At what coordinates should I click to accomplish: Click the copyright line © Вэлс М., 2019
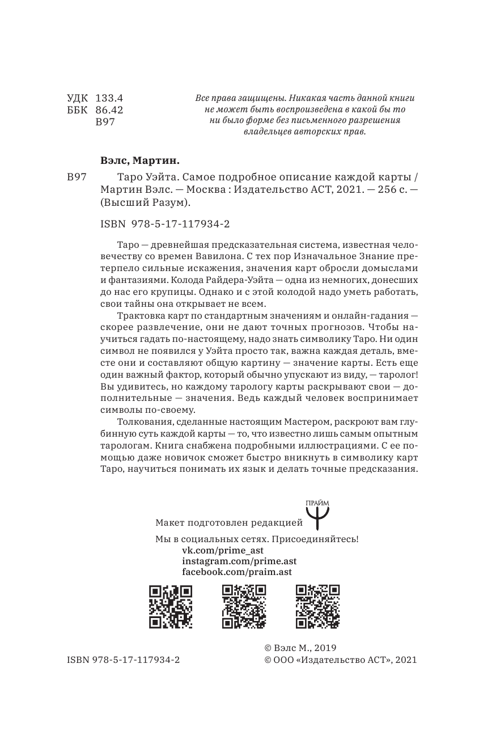click(x=303, y=648)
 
